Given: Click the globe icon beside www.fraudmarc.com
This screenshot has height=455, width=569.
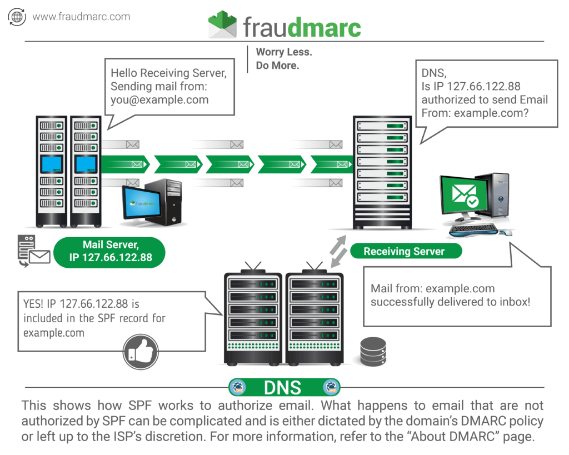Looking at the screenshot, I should coord(17,17).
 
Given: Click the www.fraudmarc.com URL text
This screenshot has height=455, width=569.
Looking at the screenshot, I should coord(81,17).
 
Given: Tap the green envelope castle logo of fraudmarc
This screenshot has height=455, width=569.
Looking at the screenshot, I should coord(222,25).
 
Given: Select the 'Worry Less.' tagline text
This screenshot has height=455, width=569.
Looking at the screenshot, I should coord(283,52).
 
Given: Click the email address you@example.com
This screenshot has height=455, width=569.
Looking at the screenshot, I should coord(159,100).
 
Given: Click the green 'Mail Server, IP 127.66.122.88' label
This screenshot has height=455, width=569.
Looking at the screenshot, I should coord(110,251).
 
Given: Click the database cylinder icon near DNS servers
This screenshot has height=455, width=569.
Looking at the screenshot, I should coord(373,351).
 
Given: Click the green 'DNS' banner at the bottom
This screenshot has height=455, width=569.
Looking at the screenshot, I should coord(284,387).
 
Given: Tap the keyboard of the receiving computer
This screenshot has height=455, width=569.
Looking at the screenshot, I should coord(474,228).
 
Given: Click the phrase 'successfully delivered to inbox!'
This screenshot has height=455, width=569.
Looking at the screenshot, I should coord(450,302).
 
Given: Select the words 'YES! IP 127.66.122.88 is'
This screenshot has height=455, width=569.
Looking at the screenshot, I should coord(81,304).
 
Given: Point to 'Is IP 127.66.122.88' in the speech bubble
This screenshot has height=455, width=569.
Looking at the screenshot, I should coord(471,86).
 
